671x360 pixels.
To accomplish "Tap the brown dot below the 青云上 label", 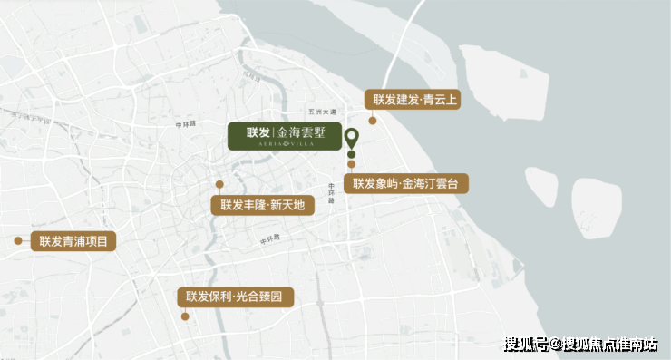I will click(x=372, y=120).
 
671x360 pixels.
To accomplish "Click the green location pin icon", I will click(x=351, y=140).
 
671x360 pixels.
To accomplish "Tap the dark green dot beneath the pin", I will click(x=351, y=155).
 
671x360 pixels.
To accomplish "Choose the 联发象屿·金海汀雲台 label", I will click(x=406, y=183).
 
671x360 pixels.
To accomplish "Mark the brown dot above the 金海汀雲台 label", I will click(x=351, y=165).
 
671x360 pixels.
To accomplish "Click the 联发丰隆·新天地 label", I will click(x=262, y=205).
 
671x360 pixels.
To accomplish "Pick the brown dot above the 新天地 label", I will click(x=219, y=184).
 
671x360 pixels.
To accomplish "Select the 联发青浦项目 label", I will click(x=73, y=241).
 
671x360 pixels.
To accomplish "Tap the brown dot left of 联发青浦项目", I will click(x=17, y=241).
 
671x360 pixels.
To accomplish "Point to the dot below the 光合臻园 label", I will click(x=185, y=316).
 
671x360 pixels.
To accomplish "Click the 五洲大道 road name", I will click(x=321, y=112).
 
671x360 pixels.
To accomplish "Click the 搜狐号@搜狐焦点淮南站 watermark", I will click(x=580, y=344).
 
